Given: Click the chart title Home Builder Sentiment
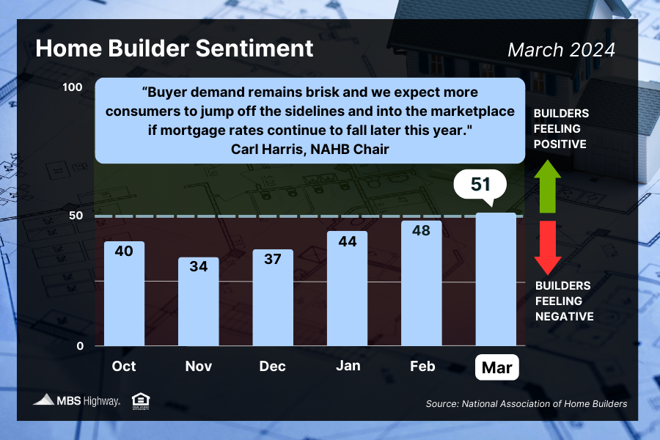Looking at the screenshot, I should click(175, 49).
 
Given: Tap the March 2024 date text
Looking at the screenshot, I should click(561, 50).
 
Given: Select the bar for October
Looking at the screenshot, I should click(124, 293).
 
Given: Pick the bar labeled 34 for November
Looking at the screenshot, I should click(199, 301).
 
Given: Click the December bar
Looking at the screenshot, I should click(273, 298).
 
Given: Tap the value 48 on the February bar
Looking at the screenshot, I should click(422, 230).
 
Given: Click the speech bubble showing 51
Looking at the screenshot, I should click(480, 184).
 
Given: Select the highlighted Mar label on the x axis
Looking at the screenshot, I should click(497, 366).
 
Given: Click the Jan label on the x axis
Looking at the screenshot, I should click(347, 365).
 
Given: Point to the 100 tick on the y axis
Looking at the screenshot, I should click(73, 87).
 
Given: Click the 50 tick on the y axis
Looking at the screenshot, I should click(76, 216).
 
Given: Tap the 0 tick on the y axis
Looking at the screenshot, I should click(80, 346).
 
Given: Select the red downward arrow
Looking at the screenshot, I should click(547, 246).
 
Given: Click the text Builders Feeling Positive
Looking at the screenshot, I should click(560, 129).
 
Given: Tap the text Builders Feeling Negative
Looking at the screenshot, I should click(563, 301).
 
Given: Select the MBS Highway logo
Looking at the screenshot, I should click(76, 400).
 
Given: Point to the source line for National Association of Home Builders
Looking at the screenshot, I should click(526, 403).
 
